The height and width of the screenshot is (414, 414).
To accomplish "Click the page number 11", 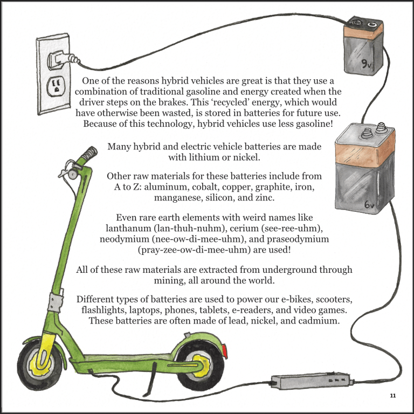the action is pyautogui.click(x=393, y=396).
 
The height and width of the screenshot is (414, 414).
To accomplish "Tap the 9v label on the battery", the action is pyautogui.click(x=367, y=64).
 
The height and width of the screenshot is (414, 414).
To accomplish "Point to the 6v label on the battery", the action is pyautogui.click(x=369, y=204).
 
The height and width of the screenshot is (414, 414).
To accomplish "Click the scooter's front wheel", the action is pyautogui.click(x=39, y=366).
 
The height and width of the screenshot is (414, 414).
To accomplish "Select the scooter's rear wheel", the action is pyautogui.click(x=200, y=367).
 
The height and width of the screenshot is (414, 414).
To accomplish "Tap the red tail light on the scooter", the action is pyautogui.click(x=225, y=351).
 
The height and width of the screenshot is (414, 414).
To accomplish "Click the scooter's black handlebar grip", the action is pyautogui.click(x=89, y=154).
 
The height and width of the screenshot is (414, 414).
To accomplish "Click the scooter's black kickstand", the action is pyautogui.click(x=150, y=380).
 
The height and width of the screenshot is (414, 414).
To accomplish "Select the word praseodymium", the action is pyautogui.click(x=298, y=239).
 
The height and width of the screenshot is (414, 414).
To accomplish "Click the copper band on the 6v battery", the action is pyautogui.click(x=365, y=153).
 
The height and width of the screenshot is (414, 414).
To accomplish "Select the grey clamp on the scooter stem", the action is pyautogui.click(x=55, y=302).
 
